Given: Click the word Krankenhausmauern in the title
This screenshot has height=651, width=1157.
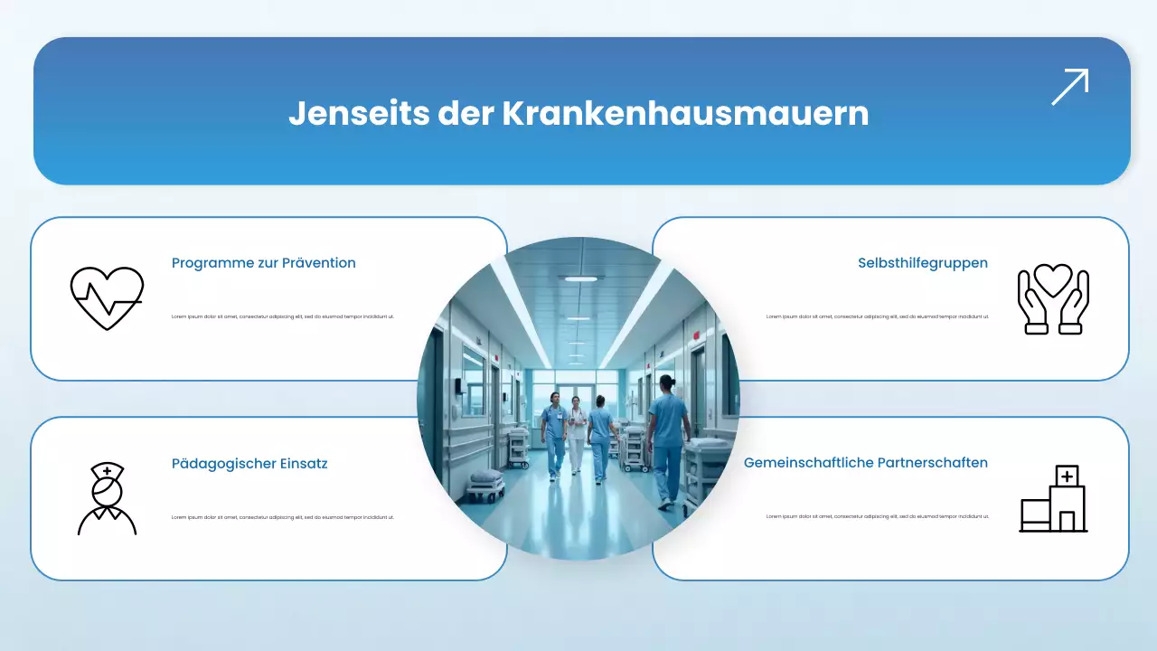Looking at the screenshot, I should click(684, 113).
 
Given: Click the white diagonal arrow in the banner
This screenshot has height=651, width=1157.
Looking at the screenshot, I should click(1069, 87).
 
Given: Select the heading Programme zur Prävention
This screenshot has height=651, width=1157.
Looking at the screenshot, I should click(263, 263).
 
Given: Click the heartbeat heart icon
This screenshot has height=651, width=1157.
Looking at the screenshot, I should click(107, 297).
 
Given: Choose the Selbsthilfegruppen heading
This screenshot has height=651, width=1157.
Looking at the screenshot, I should click(922, 263).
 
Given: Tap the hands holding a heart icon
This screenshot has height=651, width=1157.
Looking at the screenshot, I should click(1053, 299).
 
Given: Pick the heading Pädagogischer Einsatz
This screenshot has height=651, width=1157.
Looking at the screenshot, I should click(249, 464).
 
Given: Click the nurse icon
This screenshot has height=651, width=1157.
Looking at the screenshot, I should click(107, 498).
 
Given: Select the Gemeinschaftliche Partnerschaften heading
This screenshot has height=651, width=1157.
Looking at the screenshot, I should click(865, 463).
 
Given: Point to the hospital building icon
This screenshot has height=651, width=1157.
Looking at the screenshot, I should click(1053, 498).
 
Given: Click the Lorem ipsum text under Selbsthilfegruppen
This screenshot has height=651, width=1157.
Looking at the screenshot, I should click(877, 316).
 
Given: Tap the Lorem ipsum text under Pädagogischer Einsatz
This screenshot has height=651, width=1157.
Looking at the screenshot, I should click(283, 517).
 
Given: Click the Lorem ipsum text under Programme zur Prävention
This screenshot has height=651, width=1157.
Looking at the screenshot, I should click(283, 316).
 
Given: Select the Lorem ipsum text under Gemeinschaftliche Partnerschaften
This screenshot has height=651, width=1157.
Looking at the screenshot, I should click(877, 517).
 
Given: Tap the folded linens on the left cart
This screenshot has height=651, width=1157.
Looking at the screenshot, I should click(485, 476).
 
